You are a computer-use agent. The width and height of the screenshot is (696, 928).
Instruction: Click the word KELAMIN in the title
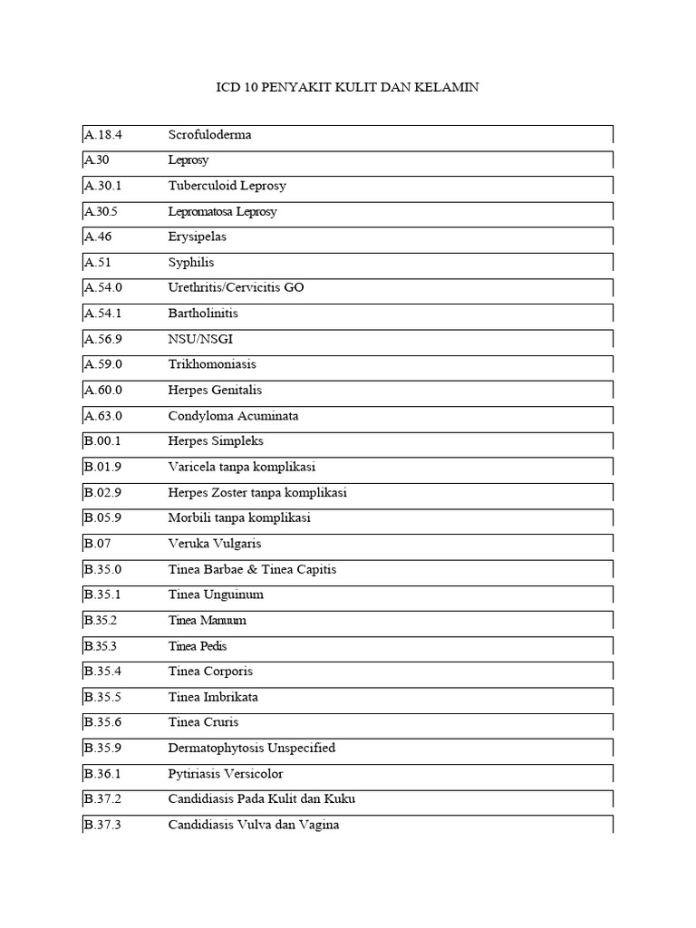pos(445,88)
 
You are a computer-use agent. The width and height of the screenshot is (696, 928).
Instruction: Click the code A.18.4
pos(103,135)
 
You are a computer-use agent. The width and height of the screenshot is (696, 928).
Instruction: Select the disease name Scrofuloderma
pos(209,135)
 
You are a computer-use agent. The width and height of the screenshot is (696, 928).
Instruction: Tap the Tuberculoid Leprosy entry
pos(227,186)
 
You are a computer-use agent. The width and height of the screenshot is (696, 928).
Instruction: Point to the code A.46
pos(100,237)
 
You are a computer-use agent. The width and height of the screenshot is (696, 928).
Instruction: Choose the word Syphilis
pos(191,263)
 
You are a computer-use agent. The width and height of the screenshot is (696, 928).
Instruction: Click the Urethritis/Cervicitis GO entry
pos(236,288)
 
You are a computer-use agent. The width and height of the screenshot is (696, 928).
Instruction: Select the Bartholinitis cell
pos(203,314)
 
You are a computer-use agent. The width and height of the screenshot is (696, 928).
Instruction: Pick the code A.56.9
pos(103,339)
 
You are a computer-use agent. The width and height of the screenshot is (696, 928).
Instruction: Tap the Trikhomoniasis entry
pos(212,364)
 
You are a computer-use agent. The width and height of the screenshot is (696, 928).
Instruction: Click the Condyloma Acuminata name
pos(233,416)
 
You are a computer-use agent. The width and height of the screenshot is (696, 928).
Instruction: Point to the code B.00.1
pos(103,441)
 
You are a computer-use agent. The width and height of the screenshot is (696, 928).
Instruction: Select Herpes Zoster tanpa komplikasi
pos(257,493)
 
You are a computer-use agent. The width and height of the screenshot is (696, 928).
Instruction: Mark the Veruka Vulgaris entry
pos(214,544)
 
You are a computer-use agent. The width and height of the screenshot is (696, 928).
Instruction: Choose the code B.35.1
pos(103,595)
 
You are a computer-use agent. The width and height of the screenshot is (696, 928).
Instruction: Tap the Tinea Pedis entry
pos(198,646)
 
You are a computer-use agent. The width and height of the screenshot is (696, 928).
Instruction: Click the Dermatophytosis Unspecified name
pos(251,749)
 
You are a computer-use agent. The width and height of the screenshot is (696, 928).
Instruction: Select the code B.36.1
pos(103,774)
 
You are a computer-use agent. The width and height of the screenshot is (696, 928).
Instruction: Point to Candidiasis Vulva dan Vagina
pos(253,826)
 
